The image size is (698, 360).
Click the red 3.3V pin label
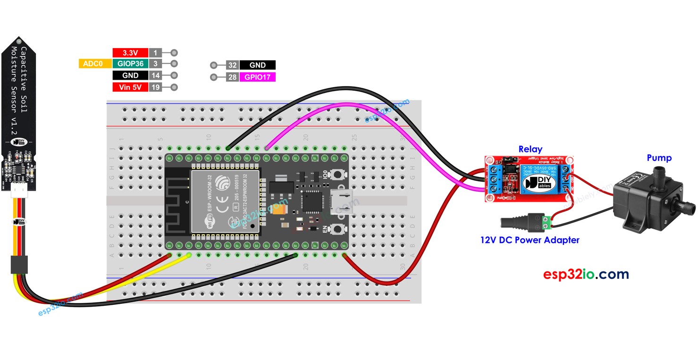point(130,52)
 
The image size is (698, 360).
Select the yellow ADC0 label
point(93,64)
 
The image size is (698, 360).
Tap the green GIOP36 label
point(130,64)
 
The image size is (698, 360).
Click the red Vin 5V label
point(130,87)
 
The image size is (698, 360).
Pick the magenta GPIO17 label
point(257,77)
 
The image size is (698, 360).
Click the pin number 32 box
point(232,65)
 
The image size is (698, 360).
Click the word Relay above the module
point(530,149)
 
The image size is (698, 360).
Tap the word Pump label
point(659,158)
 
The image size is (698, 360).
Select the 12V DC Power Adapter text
point(530,240)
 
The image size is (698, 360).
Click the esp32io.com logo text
point(586,274)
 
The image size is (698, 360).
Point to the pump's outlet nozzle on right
point(687,206)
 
